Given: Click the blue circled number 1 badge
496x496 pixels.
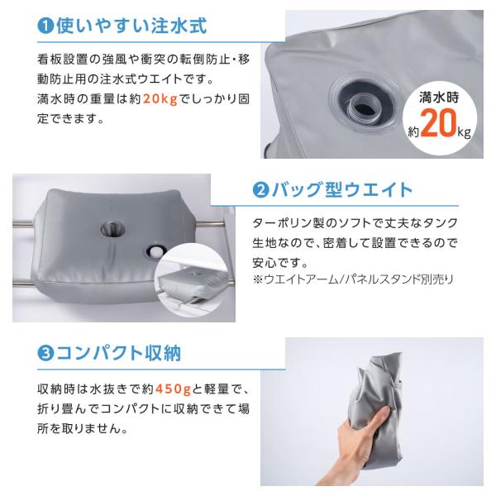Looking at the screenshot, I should click(x=46, y=25).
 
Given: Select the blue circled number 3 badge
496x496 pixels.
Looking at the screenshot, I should click(x=46, y=354).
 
